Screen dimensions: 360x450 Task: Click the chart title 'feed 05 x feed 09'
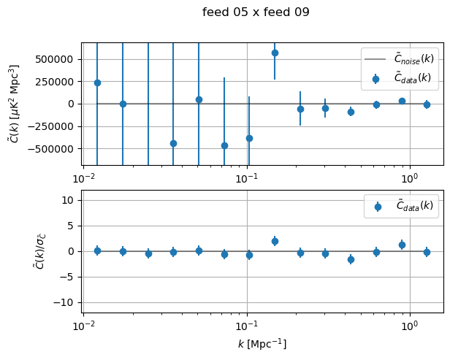coord(256,12)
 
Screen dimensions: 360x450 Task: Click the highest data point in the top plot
coord(275,53)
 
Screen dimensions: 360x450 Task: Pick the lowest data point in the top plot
coord(224,145)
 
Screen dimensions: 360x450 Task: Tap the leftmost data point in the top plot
coord(97,83)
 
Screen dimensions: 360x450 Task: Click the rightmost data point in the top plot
coord(427,104)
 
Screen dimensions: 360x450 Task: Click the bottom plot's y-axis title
coord(15,251)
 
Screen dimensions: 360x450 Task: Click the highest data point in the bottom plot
coord(275,241)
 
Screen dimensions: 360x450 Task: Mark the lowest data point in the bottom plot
coord(351,259)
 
